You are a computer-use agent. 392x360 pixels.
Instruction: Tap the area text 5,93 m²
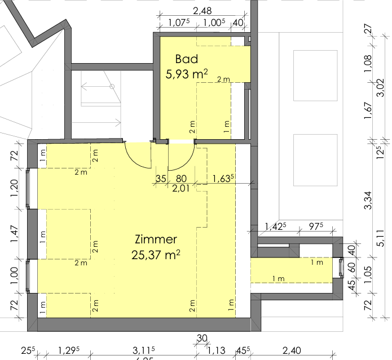pos(187,73)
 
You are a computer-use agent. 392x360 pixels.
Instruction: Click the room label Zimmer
pos(156,239)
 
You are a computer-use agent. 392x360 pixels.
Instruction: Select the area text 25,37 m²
pos(156,255)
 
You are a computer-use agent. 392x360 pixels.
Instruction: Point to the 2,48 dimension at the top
pos(203,11)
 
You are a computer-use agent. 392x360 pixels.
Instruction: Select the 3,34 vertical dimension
pos(368,201)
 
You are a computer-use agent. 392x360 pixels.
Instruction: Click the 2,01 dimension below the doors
pos(180,188)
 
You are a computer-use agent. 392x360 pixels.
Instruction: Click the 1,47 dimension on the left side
pos(15,233)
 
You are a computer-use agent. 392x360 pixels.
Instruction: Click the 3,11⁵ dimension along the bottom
pos(143,352)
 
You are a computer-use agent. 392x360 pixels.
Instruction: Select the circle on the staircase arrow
pos(112,86)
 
